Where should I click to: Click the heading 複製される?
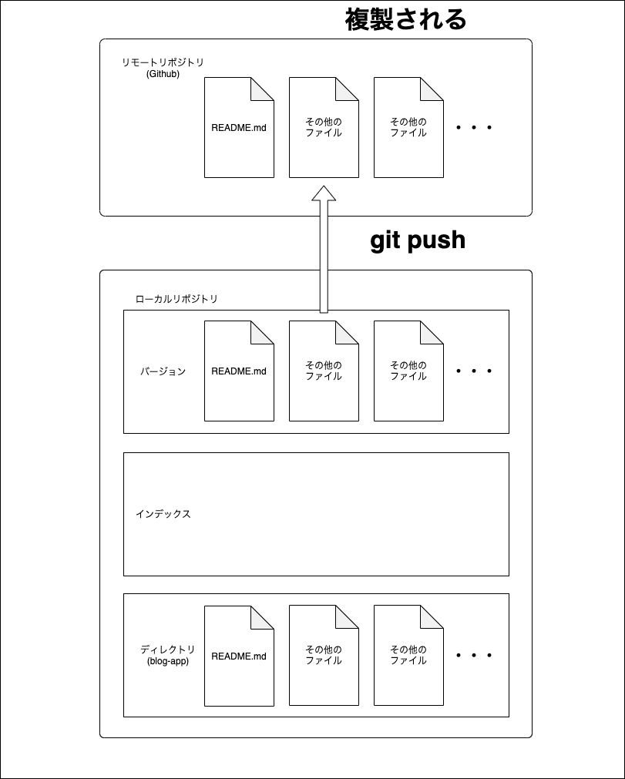[x=405, y=19]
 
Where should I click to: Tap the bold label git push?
[x=418, y=240]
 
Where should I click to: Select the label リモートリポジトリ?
[x=163, y=62]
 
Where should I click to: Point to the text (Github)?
[x=163, y=74]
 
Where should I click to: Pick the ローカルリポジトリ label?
[x=176, y=299]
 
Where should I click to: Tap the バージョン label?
[x=163, y=371]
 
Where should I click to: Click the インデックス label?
[x=163, y=514]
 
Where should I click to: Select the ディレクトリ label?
[x=167, y=650]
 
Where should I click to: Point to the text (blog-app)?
[x=167, y=661]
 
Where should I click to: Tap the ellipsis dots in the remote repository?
[x=474, y=128]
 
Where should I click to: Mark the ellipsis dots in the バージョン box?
[x=474, y=371]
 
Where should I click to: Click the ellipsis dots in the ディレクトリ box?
[x=474, y=656]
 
